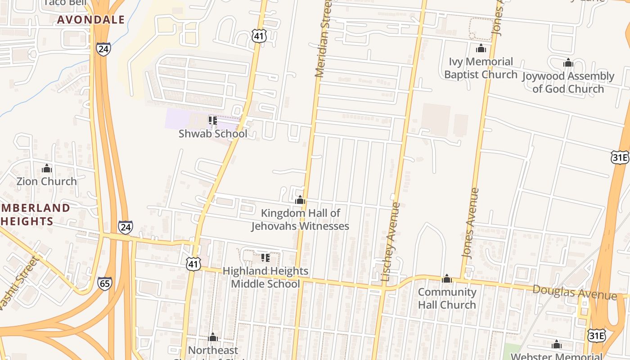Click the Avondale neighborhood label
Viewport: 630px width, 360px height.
point(91,20)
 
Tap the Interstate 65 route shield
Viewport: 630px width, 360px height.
point(104,283)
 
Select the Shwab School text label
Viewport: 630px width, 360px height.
point(213,134)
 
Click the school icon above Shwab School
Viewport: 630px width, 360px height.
point(212,121)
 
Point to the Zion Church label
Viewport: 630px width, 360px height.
point(47,181)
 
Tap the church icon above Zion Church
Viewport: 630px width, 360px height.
point(47,169)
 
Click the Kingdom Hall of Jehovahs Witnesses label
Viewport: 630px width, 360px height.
point(300,219)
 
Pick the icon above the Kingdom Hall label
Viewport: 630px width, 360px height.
point(300,200)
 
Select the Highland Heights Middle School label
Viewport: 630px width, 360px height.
point(265,277)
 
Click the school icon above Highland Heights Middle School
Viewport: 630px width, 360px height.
point(265,258)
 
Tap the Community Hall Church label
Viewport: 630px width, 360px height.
point(447,298)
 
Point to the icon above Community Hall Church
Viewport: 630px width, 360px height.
point(447,279)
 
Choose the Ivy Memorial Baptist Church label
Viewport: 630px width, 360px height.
point(481,68)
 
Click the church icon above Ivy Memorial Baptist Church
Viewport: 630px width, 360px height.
point(481,49)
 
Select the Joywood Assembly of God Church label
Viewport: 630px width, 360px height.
point(568,82)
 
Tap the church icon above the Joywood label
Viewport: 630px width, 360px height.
point(568,63)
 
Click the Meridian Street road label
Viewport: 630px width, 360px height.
point(324,40)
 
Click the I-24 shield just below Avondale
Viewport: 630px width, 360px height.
point(103,49)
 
